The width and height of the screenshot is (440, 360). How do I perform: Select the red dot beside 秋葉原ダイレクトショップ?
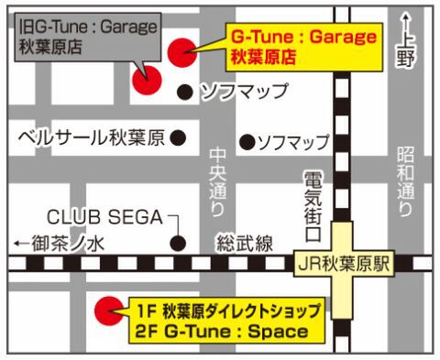(109, 311)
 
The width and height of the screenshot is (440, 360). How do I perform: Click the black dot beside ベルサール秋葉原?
(179, 138)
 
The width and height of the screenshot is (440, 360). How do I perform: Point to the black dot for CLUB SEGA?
(178, 245)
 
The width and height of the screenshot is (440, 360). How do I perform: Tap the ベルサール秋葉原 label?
(92, 138)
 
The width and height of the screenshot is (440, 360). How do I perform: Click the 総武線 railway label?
(245, 244)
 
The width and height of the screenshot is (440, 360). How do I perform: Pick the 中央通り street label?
(216, 182)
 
